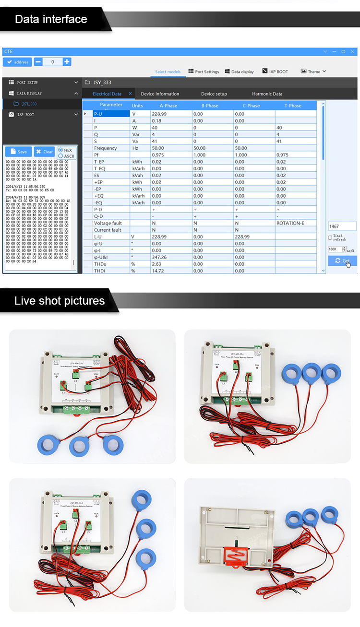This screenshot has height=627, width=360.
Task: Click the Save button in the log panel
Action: click(x=18, y=152)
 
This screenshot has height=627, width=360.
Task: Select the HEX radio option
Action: click(x=60, y=150)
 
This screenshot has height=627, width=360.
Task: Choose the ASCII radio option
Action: click(x=60, y=156)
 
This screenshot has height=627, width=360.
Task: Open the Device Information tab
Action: click(x=160, y=94)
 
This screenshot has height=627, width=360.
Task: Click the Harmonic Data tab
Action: click(x=267, y=94)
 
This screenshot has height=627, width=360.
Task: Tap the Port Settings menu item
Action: click(x=204, y=71)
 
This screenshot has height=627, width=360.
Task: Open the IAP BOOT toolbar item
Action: click(x=275, y=71)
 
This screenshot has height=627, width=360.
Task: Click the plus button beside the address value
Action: click(x=67, y=62)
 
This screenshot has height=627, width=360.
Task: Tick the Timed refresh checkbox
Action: click(x=330, y=237)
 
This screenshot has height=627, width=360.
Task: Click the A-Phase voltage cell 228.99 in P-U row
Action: click(x=171, y=114)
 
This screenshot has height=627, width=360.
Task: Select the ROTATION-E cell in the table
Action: click(x=296, y=223)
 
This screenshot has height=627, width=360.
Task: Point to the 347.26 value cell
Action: click(x=171, y=257)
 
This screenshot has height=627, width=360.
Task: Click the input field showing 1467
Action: click(x=342, y=226)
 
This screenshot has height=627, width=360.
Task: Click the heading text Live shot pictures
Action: click(x=60, y=301)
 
